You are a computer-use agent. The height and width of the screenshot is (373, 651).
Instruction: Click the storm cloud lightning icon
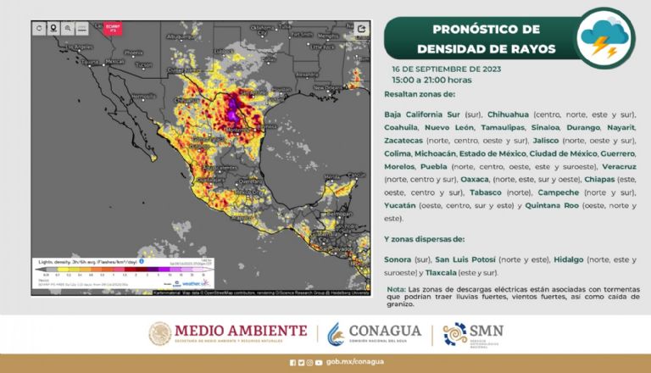coord(604,36)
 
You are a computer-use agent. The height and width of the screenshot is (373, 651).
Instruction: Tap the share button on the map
coord(362,28)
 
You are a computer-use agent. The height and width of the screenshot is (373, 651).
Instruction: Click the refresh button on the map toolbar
coord(39,28)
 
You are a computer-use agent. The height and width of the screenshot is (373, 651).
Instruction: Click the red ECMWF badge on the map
coord(113,29)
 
